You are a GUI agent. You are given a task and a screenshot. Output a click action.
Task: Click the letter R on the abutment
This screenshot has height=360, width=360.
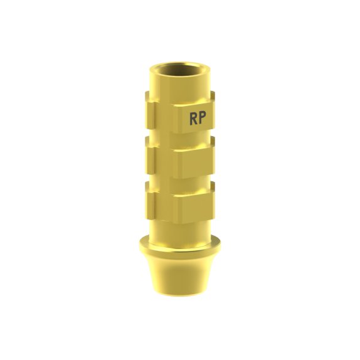pyautogui.click(x=193, y=119)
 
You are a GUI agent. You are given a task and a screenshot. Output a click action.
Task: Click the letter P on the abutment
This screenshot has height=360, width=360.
pyautogui.click(x=203, y=119)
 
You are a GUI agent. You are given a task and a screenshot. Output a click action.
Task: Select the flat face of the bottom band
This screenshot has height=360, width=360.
pyautogui.click(x=196, y=208)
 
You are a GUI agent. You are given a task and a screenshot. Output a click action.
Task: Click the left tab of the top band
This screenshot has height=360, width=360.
pyautogui.click(x=150, y=110)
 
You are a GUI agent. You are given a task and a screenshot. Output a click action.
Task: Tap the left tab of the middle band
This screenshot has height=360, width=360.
pyautogui.click(x=150, y=156)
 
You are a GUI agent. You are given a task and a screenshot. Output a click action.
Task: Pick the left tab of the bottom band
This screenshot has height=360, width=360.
pyautogui.click(x=150, y=201)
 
